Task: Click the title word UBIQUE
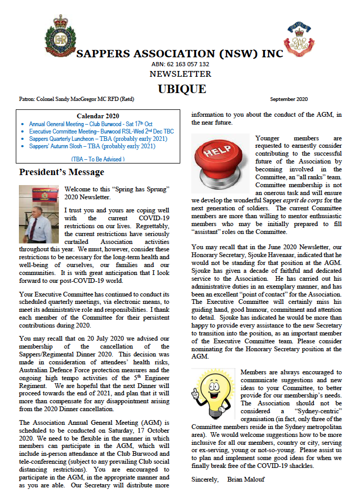click(x=180, y=88)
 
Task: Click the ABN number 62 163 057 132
click(x=180, y=64)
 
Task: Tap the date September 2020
click(x=289, y=99)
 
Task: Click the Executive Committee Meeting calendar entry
click(x=101, y=131)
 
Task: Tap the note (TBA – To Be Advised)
click(x=98, y=159)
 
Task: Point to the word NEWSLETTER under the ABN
click(x=180, y=74)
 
